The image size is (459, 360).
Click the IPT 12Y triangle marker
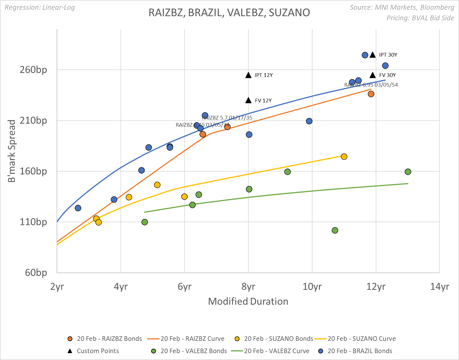coord(248,75)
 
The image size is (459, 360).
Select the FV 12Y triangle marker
coord(248,100)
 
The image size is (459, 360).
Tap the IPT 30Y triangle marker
coord(373,55)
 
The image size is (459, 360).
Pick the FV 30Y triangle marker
coord(373,75)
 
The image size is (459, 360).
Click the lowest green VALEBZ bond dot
coord(335,230)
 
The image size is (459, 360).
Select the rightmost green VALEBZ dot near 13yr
coord(408,172)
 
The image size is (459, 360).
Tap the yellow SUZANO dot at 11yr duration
coord(344,156)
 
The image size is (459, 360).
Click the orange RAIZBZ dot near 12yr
coord(371,94)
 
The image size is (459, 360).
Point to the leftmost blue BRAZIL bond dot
coord(78,208)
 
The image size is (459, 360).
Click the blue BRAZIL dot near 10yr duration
coord(309,121)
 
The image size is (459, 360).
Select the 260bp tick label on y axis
coord(33,69)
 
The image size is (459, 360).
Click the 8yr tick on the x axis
coord(248,286)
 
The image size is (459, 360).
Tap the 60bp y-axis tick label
coord(36,273)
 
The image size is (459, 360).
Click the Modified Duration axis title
coord(248,301)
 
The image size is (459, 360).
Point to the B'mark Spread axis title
coord(11,151)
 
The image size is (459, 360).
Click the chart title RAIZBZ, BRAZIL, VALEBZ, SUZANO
coord(229,13)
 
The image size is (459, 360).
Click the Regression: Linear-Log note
coord(40,7)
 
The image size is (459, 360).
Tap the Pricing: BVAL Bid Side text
coord(420,18)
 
